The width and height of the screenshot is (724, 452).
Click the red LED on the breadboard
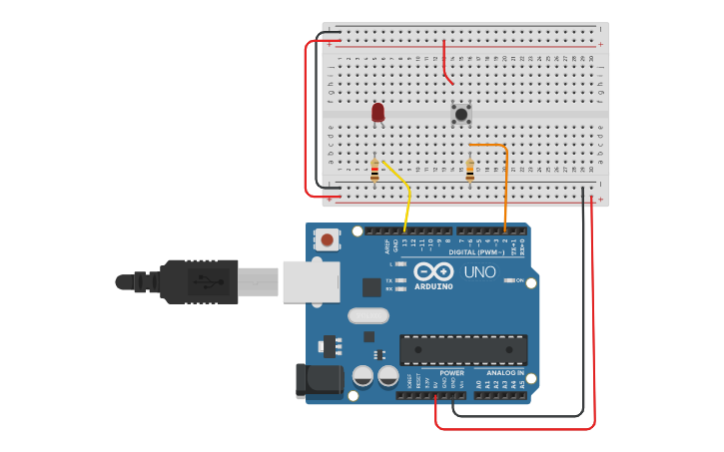(377, 113)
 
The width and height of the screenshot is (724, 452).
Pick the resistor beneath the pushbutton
(469, 171)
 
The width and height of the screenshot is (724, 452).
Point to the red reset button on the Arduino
(326, 239)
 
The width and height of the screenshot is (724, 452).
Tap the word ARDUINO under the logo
(432, 286)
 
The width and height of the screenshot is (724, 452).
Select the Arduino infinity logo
(432, 271)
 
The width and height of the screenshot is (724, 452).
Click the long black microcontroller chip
(463, 350)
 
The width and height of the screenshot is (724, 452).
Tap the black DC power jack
(319, 381)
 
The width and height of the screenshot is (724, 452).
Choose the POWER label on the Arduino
(451, 373)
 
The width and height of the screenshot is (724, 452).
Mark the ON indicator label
(519, 280)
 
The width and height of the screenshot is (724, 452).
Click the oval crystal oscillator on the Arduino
(367, 316)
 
